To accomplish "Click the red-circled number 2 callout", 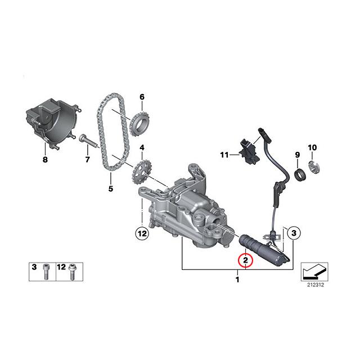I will (x=246, y=260).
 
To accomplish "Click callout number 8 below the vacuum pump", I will (x=46, y=160).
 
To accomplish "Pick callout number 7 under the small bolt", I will (x=87, y=160).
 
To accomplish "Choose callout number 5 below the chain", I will (x=110, y=188).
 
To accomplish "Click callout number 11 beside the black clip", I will (x=223, y=154).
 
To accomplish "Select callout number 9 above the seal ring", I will (x=298, y=154).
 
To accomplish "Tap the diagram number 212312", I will (x=316, y=285).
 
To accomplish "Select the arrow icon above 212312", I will (x=314, y=271).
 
